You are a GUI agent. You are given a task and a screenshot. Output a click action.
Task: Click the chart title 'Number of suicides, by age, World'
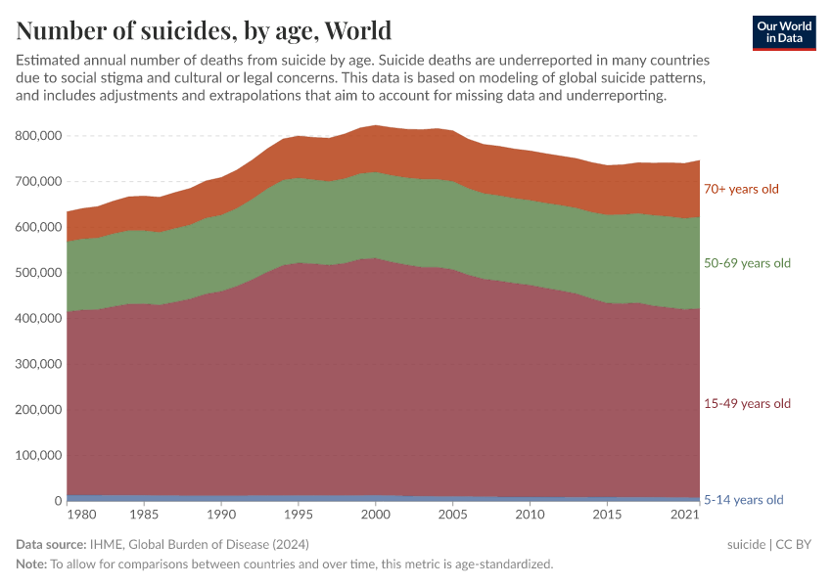coord(204,30)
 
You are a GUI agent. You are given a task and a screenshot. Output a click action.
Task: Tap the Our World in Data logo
coord(783,32)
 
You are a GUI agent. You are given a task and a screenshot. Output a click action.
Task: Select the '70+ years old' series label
coord(741,189)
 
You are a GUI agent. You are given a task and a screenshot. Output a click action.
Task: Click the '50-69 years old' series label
coord(747,263)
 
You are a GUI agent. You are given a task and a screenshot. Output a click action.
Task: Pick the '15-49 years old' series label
coord(747,403)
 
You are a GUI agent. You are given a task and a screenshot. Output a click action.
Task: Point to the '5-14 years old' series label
coord(744,500)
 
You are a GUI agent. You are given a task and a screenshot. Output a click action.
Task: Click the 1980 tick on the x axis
coord(82,515)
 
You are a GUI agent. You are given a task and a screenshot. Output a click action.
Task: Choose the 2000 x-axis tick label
coord(375,515)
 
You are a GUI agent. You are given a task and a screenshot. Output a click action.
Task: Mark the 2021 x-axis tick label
coord(684,515)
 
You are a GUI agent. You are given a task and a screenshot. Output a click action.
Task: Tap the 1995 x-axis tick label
coord(299,515)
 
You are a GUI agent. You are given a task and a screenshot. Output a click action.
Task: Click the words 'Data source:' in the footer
coord(51,544)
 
